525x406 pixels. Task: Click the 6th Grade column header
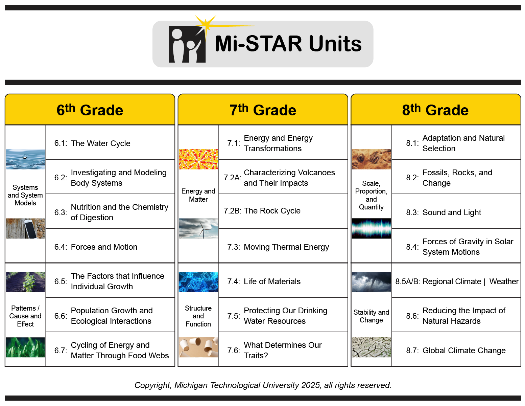click(90, 110)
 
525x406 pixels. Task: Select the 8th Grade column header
click(435, 110)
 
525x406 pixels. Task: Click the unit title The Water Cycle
click(100, 143)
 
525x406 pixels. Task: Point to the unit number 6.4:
click(61, 247)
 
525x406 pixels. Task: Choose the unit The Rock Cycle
click(272, 211)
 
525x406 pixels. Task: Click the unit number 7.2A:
click(233, 178)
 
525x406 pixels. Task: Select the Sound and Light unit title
click(452, 212)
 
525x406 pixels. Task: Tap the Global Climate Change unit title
click(464, 351)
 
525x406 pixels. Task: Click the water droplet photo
click(25, 159)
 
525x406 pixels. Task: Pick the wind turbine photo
click(198, 228)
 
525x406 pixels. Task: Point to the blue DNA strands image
click(198, 282)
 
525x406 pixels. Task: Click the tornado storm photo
click(371, 282)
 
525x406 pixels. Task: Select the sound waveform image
click(371, 228)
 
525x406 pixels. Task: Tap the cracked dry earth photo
click(371, 347)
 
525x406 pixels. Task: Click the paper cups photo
click(198, 347)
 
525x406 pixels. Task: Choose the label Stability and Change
click(371, 316)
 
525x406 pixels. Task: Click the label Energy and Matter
click(198, 195)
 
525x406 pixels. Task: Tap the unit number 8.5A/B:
click(408, 281)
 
